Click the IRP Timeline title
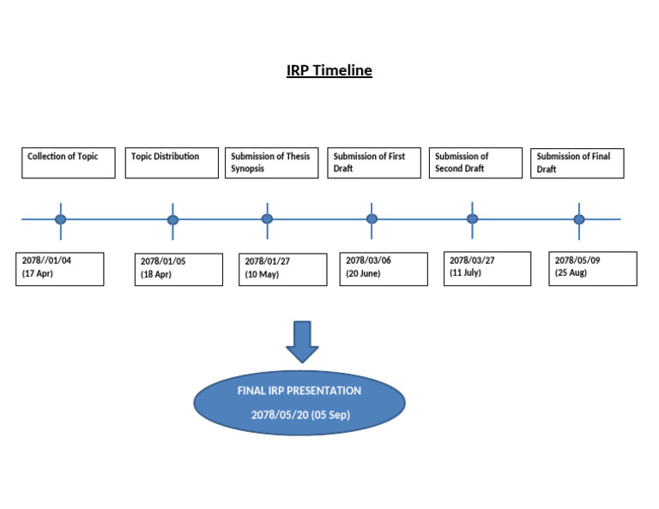pos(329,70)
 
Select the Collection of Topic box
pos(69,163)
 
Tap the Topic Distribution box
pos(172,163)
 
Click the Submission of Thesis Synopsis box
pos(272,163)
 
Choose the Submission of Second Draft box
pos(475,163)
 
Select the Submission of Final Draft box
pos(577,163)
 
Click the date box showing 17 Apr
pos(60,268)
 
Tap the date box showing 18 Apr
pos(178,269)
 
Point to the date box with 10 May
pos(282,269)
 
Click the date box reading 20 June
pos(384,268)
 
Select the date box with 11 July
pos(487,268)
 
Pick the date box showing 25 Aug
pos(593,268)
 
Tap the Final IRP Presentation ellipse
pos(299,403)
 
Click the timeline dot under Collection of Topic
pos(60,219)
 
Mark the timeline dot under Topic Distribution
pos(172,219)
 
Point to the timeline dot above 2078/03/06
pos(372,219)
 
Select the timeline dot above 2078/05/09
pos(579,219)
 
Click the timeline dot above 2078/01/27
pos(267,219)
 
